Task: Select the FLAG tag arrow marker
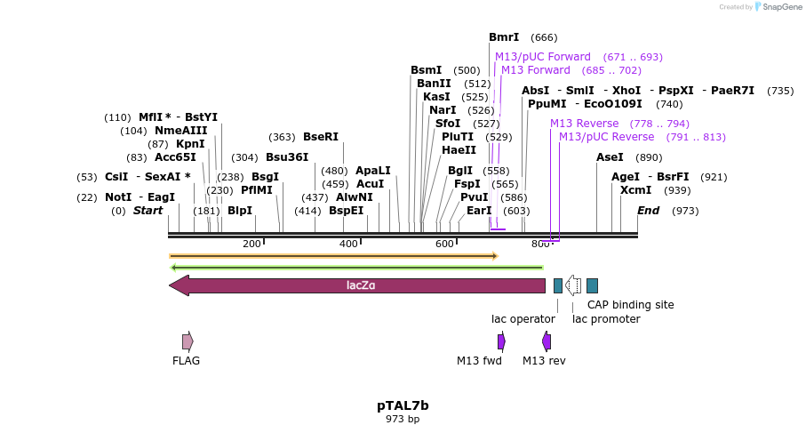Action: point(188,341)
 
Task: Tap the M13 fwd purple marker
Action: point(501,341)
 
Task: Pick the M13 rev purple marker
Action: point(547,341)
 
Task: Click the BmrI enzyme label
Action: point(504,37)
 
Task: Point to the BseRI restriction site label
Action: point(321,137)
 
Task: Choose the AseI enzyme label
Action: point(610,157)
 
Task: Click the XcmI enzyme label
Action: point(635,190)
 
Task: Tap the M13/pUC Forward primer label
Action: point(543,57)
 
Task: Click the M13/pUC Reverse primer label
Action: point(606,137)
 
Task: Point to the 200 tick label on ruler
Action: point(251,244)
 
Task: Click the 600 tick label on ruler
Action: point(444,244)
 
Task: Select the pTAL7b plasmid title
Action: point(403,405)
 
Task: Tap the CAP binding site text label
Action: point(631,305)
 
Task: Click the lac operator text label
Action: point(523,319)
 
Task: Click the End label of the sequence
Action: point(648,211)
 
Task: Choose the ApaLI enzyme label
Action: point(373,171)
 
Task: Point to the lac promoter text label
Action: point(606,319)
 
